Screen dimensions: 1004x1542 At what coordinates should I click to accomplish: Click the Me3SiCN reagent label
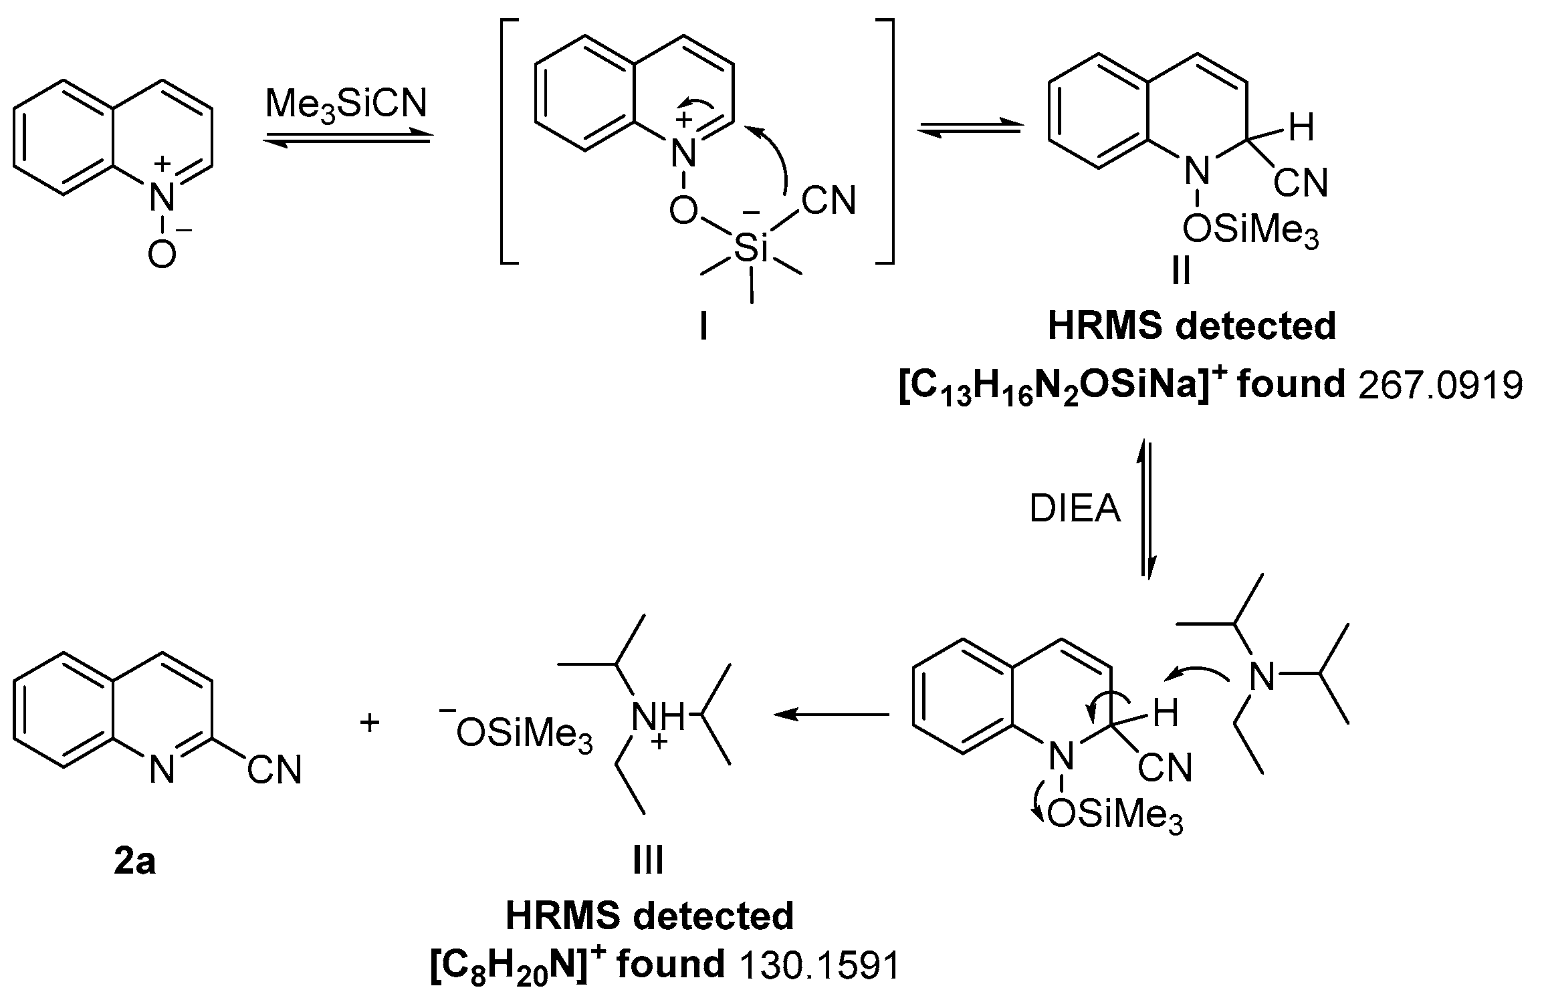[x=346, y=106]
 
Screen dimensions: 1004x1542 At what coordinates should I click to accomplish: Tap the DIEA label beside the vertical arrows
[x=1075, y=509]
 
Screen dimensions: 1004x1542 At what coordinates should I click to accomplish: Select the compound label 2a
[x=134, y=862]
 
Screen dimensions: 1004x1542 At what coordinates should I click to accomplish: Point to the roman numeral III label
[x=648, y=860]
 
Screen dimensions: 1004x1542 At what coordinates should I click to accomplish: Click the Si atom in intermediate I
[x=752, y=249]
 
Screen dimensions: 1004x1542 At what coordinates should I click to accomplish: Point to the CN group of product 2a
[x=274, y=770]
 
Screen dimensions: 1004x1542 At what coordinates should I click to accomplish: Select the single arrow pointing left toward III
[x=831, y=715]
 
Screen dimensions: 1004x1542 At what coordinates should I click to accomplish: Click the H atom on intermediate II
[x=1301, y=128]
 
